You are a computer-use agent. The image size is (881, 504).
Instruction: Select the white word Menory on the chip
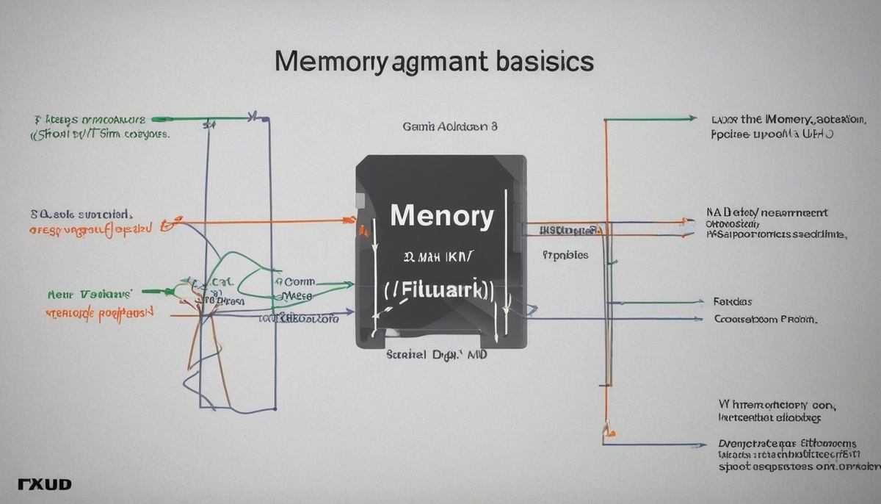[441, 217]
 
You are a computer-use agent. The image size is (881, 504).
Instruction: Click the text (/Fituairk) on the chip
[440, 289]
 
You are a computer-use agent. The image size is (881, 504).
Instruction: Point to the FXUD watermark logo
[43, 485]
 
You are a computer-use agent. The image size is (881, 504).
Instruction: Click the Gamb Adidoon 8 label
[450, 126]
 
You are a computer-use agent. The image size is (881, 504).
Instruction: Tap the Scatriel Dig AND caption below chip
[437, 354]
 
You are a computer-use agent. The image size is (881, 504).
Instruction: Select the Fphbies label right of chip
[565, 256]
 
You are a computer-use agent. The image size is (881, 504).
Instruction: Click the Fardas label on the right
[732, 302]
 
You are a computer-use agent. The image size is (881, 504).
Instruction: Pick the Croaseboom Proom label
[765, 320]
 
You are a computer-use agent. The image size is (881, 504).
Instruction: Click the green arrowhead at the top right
[692, 118]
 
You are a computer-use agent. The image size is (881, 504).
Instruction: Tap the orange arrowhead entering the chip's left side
[349, 219]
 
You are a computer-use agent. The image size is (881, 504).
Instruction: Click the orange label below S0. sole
[90, 229]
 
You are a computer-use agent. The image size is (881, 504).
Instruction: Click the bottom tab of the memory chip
[440, 339]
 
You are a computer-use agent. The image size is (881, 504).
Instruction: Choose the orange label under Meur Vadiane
[99, 312]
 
